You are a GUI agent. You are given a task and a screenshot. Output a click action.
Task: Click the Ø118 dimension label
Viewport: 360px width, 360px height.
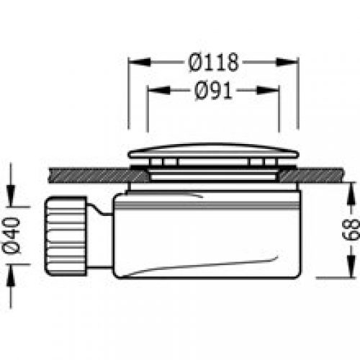213,63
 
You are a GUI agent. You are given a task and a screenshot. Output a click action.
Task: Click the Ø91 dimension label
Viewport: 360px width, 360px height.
213,91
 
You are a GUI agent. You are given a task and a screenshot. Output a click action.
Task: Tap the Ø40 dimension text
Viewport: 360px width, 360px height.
11,235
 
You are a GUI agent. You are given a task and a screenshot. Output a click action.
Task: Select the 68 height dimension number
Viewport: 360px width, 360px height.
351,230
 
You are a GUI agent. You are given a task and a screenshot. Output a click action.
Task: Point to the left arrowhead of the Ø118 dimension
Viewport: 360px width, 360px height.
139,62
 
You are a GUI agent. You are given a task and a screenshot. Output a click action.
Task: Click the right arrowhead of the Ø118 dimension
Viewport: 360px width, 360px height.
287,62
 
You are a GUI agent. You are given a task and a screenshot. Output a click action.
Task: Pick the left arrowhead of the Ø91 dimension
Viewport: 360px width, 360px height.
158,90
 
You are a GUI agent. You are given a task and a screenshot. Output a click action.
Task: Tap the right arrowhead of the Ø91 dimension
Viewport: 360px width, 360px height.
268,90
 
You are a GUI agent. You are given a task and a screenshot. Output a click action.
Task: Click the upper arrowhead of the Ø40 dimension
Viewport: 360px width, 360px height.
11,195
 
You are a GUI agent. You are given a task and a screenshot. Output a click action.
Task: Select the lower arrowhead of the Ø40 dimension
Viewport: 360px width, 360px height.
11,276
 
